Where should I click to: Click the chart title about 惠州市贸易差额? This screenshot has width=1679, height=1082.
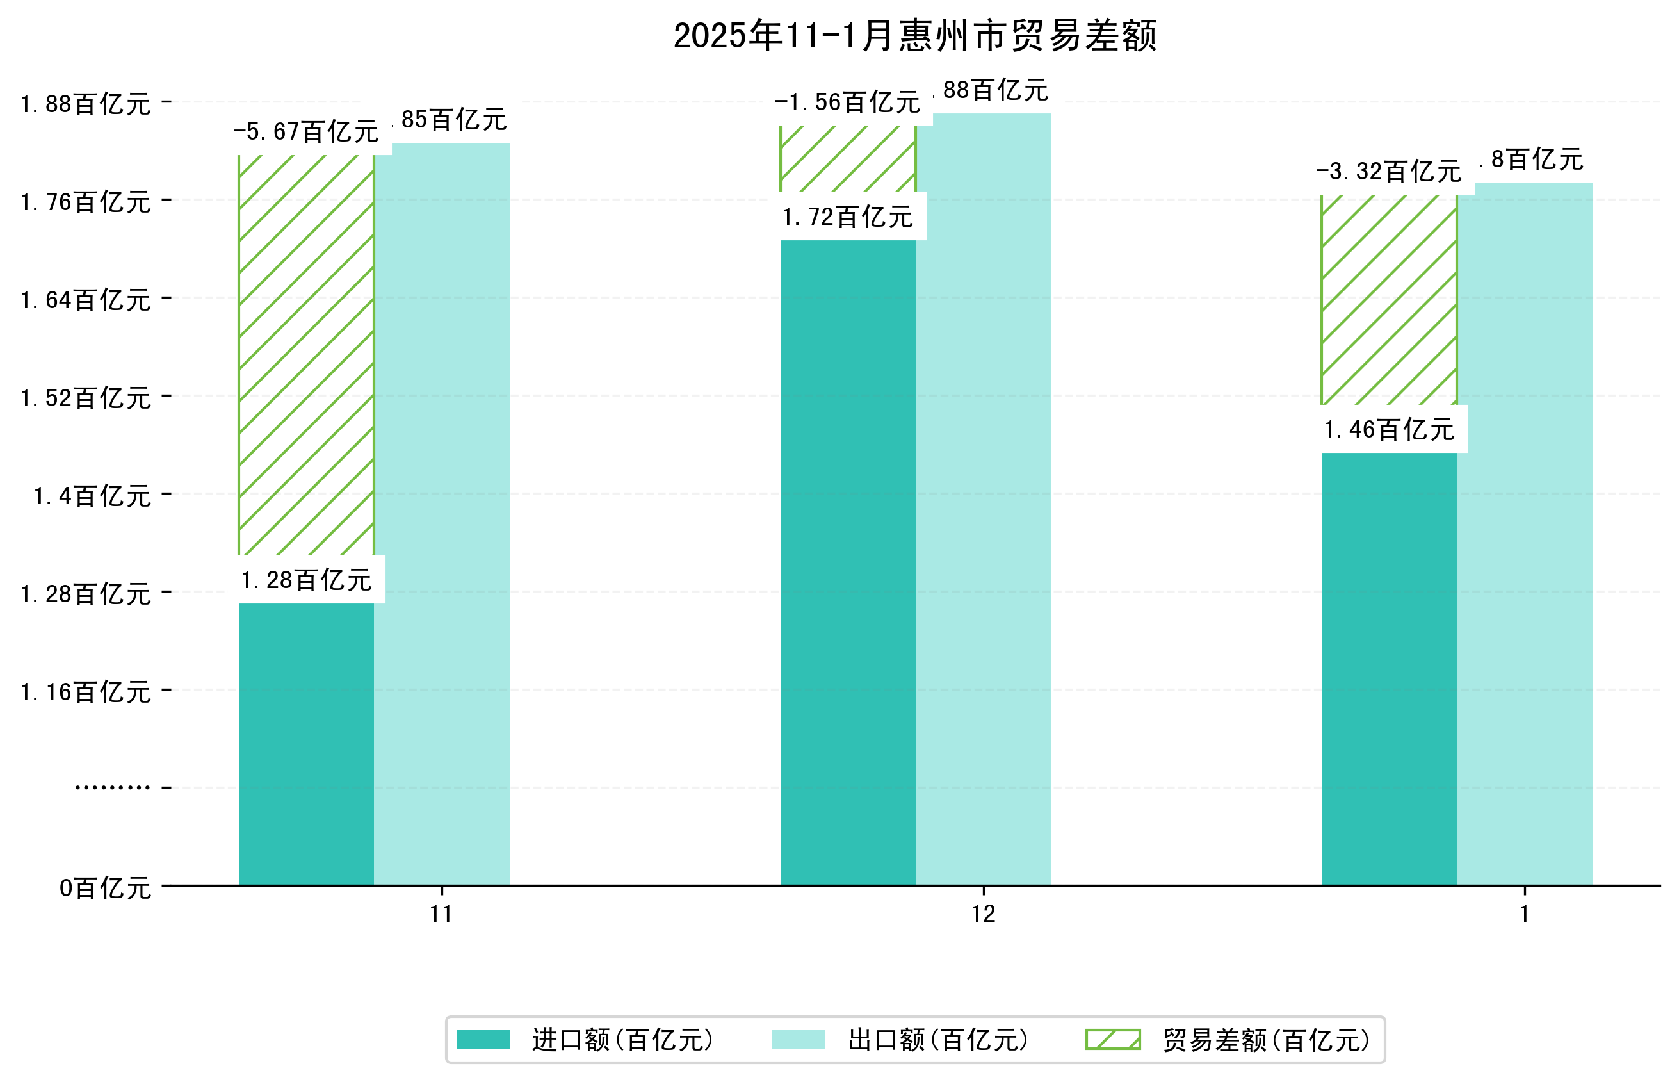[914, 36]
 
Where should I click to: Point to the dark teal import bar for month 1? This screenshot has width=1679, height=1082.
[1388, 668]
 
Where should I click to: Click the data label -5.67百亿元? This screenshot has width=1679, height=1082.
[306, 131]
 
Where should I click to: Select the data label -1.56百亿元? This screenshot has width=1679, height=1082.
[848, 102]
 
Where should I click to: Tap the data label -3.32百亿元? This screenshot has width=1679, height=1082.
[1388, 172]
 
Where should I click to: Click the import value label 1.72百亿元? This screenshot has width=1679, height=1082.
[848, 217]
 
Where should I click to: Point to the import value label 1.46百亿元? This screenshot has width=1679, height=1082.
[1388, 429]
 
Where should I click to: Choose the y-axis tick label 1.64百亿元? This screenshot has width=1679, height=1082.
[86, 300]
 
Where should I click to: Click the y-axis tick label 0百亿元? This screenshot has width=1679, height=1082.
[105, 888]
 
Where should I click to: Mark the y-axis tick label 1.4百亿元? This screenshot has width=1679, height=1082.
[93, 496]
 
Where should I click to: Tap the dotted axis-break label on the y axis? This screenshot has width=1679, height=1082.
[112, 787]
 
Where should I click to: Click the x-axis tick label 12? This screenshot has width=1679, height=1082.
[983, 914]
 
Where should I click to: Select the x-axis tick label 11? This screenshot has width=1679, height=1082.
[441, 914]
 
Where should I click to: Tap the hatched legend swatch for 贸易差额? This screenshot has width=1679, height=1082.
[1112, 1040]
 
